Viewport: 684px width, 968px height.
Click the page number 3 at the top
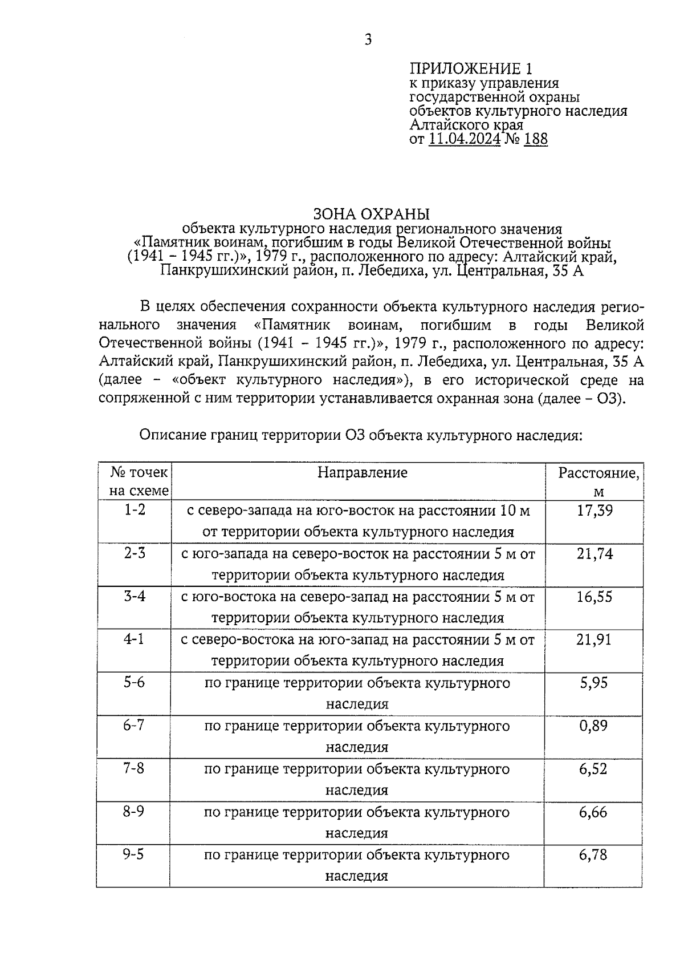[x=368, y=39]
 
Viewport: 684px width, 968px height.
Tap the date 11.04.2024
[x=465, y=139]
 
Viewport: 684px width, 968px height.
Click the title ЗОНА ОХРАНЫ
[x=371, y=214]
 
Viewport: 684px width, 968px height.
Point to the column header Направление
[x=363, y=472]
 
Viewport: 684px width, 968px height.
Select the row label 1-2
[x=135, y=509]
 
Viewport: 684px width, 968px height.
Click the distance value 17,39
[x=595, y=511]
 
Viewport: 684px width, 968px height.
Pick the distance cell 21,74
[x=595, y=553]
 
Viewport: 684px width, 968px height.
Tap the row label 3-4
[x=135, y=596]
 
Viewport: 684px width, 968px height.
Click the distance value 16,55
[x=595, y=597]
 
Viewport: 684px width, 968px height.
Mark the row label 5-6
[x=135, y=682]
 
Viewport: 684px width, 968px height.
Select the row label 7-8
[x=135, y=768]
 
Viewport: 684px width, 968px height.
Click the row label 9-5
[x=135, y=854]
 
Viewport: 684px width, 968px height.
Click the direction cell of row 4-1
[x=357, y=650]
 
